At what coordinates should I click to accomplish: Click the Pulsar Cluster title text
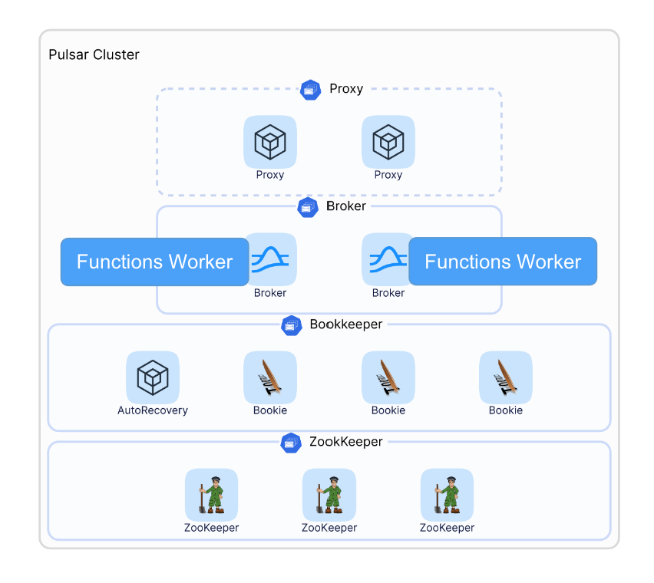[94, 54]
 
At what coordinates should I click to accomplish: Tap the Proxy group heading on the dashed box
[346, 89]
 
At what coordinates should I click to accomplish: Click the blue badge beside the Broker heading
[308, 207]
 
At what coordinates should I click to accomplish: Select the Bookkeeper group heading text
[345, 324]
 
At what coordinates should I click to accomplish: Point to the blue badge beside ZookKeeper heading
[291, 443]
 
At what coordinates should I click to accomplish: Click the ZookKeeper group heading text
[345, 442]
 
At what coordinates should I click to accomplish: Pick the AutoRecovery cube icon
[153, 377]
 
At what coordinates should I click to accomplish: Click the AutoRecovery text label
[153, 410]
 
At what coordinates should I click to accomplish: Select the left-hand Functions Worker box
[155, 262]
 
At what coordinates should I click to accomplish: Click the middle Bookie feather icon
[388, 377]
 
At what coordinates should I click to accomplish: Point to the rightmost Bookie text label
[506, 410]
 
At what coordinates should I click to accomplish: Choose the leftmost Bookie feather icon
[270, 377]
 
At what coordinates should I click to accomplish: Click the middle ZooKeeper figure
[329, 495]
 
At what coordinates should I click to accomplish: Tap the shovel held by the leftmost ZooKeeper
[201, 499]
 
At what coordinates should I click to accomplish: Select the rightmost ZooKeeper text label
[447, 528]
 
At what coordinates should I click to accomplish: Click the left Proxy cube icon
[270, 142]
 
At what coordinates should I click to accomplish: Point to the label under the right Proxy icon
[388, 175]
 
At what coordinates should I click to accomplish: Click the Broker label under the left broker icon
[270, 293]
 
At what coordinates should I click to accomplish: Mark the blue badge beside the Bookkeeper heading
[292, 325]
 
